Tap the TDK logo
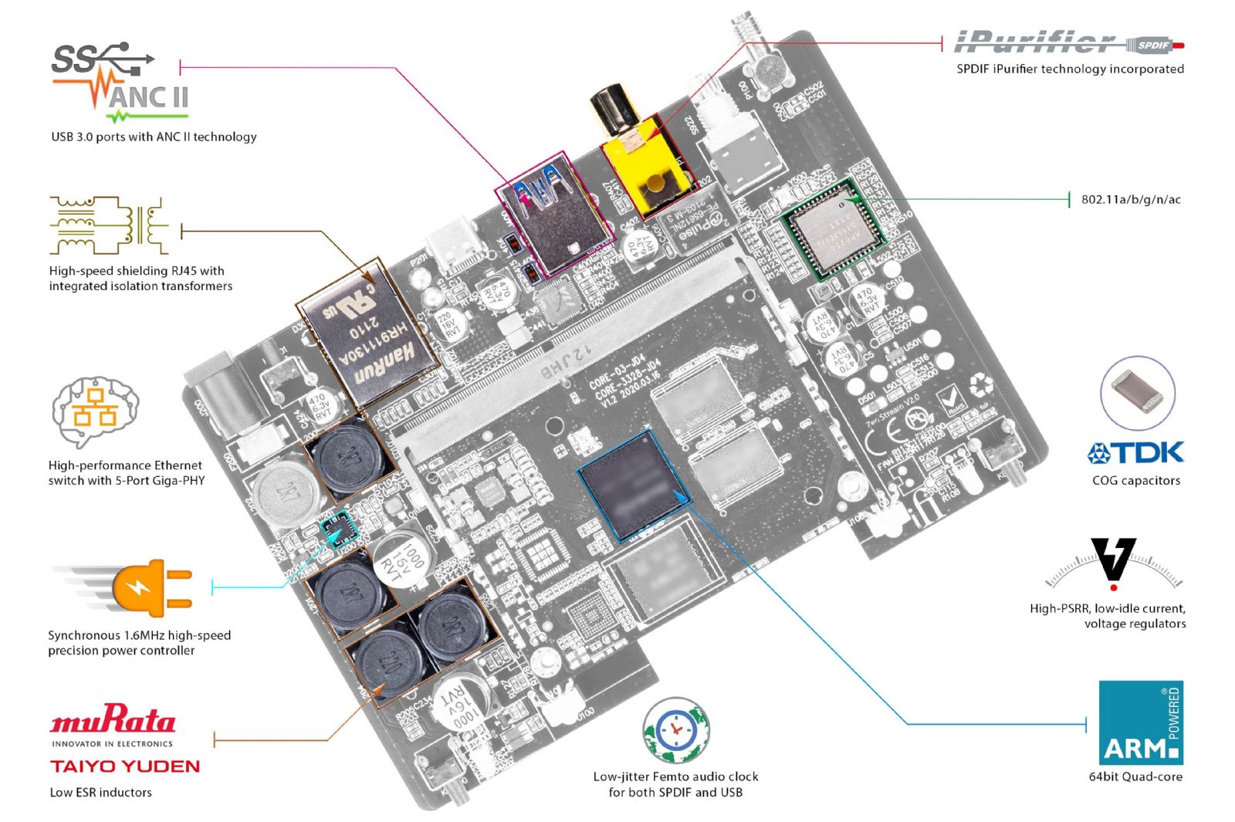1135,452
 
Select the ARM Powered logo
1140,722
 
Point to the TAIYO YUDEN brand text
125,766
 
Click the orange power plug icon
151,587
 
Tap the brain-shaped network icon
95,411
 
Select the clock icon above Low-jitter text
675,729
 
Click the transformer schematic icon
108,225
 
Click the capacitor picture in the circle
1137,393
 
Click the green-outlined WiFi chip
834,228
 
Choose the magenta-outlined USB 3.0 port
551,211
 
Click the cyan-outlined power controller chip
338,529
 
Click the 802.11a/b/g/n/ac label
1131,200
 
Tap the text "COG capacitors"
1135,480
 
